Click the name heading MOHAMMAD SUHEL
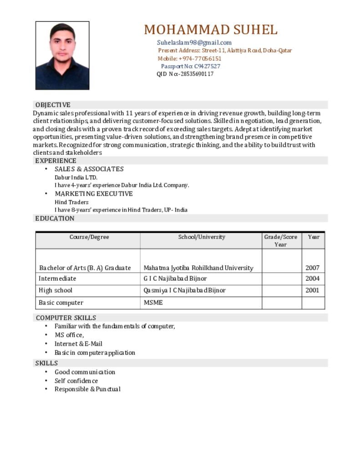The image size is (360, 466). pyautogui.click(x=210, y=30)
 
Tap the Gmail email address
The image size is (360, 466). pyautogui.click(x=194, y=43)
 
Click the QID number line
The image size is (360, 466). pyautogui.click(x=185, y=74)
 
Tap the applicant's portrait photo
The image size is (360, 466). pyautogui.click(x=62, y=56)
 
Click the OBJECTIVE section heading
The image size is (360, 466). pyautogui.click(x=53, y=105)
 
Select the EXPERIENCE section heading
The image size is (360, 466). pyautogui.click(x=56, y=161)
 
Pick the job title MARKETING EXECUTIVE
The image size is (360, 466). pyautogui.click(x=94, y=194)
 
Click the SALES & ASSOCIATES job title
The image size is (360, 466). pyautogui.click(x=89, y=169)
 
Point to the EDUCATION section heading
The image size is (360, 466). pyautogui.click(x=55, y=218)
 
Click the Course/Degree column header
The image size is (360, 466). pyautogui.click(x=89, y=237)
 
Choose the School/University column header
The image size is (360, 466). pyautogui.click(x=201, y=237)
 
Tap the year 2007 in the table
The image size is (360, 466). pyautogui.click(x=313, y=268)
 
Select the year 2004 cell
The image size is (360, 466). pyautogui.click(x=313, y=279)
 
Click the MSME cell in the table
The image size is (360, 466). pyautogui.click(x=153, y=303)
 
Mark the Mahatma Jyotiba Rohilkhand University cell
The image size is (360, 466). pyautogui.click(x=198, y=268)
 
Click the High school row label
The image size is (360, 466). pyautogui.click(x=56, y=290)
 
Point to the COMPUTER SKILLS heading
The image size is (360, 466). pyautogui.click(x=66, y=318)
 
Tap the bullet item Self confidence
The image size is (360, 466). pyautogui.click(x=76, y=381)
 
